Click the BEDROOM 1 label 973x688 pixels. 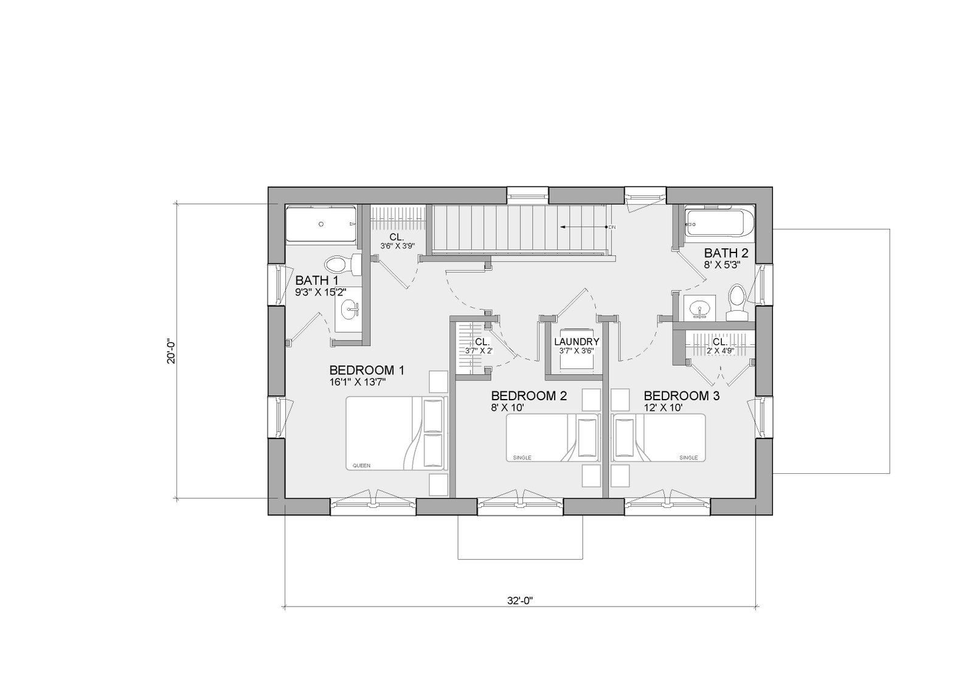(367, 370)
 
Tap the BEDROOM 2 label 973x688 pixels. (529, 396)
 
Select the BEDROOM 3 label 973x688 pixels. (682, 396)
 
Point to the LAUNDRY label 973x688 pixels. (577, 342)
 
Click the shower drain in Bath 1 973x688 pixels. (321, 224)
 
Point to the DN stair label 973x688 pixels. (612, 227)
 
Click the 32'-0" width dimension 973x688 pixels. (520, 600)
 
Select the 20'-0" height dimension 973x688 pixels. (171, 351)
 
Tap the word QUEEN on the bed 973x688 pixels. (361, 465)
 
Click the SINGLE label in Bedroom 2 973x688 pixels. (522, 457)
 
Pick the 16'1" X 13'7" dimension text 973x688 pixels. (358, 383)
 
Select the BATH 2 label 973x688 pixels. (726, 253)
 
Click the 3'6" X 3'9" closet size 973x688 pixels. (398, 246)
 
